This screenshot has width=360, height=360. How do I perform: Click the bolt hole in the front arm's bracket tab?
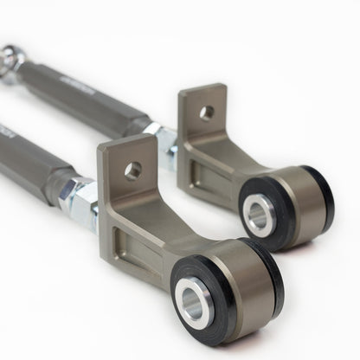tap(132, 170)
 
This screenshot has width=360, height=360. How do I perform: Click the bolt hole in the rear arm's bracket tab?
tap(206, 112)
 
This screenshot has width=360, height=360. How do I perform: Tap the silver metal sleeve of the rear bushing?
tap(258, 213)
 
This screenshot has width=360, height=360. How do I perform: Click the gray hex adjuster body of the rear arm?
tap(95, 95)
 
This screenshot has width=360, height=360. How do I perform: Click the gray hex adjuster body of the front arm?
tap(35, 156)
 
